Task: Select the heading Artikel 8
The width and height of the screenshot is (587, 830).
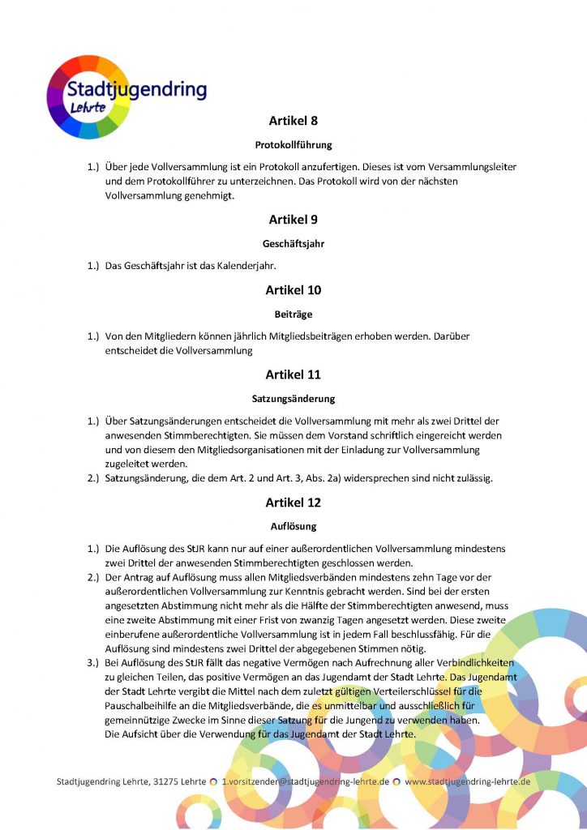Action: (x=293, y=121)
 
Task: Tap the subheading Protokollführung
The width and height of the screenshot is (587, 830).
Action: (x=293, y=145)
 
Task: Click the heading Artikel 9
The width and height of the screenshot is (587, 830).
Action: (x=293, y=220)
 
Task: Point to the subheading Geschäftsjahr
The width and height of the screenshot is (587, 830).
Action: (x=293, y=243)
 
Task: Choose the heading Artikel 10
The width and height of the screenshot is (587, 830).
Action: (x=293, y=289)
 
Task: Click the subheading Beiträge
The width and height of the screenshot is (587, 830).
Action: (x=293, y=313)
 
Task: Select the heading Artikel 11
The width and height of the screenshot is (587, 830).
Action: (x=293, y=374)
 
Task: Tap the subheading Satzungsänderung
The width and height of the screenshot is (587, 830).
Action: (x=293, y=399)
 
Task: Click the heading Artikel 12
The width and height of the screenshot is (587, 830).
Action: (x=293, y=503)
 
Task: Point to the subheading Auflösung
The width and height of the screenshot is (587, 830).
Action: (x=293, y=526)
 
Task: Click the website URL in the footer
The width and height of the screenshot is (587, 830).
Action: (x=468, y=782)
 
